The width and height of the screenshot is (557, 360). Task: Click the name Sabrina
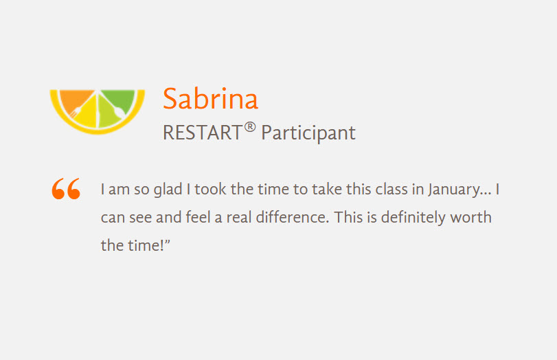tap(210, 98)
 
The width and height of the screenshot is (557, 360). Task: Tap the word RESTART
tap(203, 133)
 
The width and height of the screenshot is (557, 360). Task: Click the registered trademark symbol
tap(250, 127)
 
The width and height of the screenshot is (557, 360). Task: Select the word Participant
tap(308, 133)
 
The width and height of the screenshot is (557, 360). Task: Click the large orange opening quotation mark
tap(66, 188)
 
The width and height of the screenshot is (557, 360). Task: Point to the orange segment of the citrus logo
tap(76, 100)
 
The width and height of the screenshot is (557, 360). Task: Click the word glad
tap(168, 190)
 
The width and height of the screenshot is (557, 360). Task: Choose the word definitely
tap(413, 218)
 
